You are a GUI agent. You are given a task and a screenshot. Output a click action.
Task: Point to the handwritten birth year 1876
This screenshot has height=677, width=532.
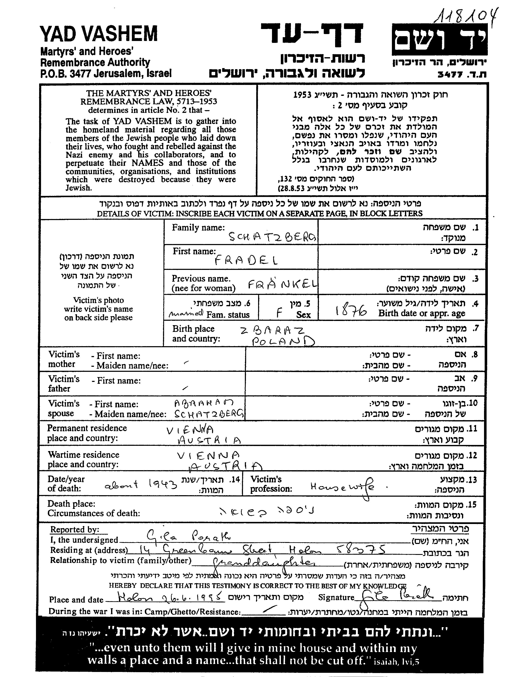[351, 310]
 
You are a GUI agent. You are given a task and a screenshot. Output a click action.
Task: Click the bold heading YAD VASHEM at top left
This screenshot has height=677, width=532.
[99, 34]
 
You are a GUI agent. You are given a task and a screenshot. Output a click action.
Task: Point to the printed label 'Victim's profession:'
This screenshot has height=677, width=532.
[271, 484]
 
